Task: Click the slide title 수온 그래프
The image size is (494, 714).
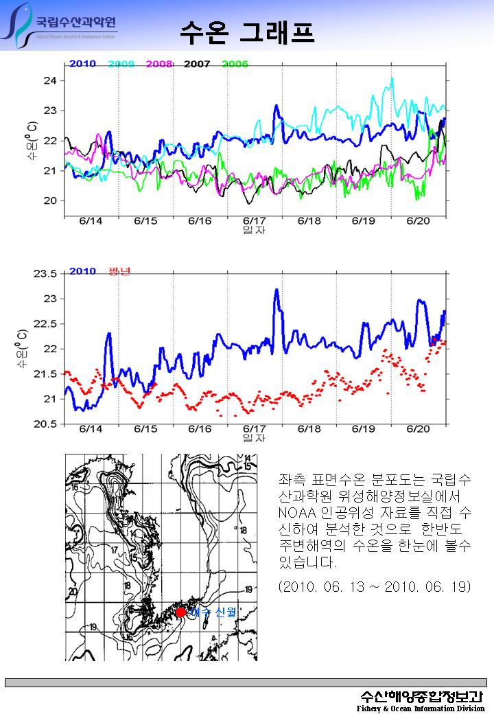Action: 247,31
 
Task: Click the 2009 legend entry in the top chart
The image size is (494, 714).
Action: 121,64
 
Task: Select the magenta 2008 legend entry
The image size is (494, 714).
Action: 158,64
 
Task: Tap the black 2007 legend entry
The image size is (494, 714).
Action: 197,64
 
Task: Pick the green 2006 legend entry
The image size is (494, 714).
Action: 235,64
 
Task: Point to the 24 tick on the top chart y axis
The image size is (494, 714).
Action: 49,80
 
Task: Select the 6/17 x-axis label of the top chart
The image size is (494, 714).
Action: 255,220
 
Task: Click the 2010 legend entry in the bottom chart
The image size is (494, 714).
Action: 82,271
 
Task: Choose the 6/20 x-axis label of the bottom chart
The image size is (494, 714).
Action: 418,428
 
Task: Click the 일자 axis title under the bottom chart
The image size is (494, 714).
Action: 255,437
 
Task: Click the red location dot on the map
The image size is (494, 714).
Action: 180,612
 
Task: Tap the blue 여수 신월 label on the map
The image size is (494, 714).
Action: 213,612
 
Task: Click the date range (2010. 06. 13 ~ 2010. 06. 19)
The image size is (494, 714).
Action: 375,588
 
